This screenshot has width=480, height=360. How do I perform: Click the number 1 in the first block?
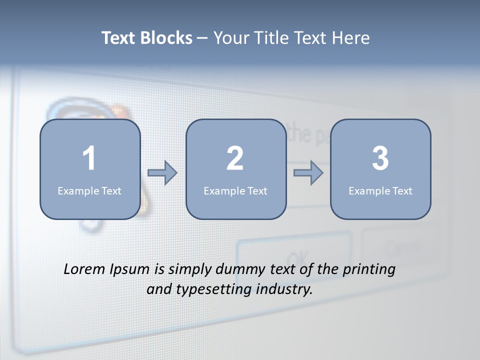(89, 158)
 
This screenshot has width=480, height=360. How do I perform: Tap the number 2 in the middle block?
(235, 158)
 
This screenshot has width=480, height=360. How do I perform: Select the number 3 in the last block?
(380, 158)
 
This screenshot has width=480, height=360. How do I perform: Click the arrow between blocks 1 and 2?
(163, 173)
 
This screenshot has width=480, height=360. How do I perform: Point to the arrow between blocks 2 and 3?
(308, 173)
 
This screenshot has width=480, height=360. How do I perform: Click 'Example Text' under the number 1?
(89, 190)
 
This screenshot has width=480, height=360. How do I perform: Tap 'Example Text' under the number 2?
(235, 190)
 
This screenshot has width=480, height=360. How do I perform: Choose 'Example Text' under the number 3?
(380, 190)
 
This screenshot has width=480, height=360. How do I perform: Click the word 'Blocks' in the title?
(166, 38)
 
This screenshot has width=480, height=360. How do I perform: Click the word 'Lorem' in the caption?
(84, 269)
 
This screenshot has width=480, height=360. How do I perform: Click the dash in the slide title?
(202, 38)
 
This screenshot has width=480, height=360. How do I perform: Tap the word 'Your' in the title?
(229, 38)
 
